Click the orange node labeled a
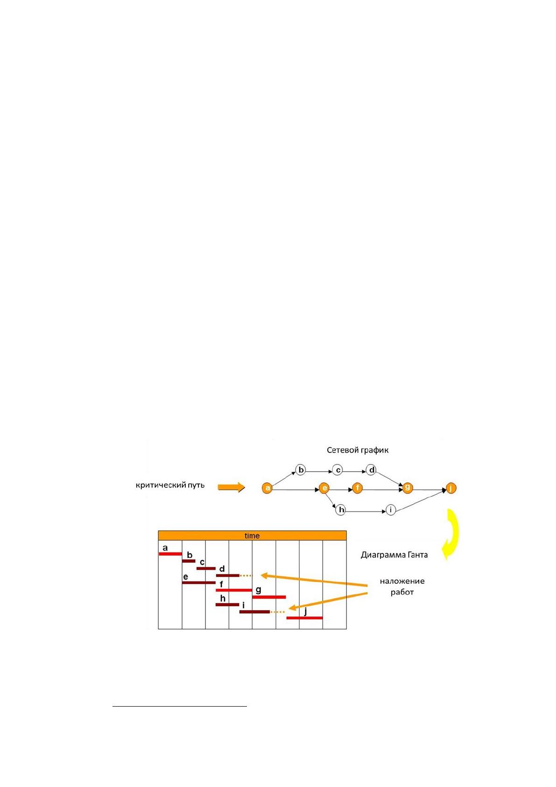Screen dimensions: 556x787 pos(267,488)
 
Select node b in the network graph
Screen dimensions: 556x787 pos(301,470)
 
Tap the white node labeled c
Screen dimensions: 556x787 pos(338,470)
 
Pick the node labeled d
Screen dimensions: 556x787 pos(372,470)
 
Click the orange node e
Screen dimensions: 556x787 pos(324,488)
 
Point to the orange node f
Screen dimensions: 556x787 pos(357,488)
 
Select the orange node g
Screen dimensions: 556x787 pos(408,487)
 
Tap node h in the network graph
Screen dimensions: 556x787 pos(341,510)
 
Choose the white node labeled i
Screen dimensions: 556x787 pos(391,510)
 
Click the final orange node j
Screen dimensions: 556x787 pos(451,488)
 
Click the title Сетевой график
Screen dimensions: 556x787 pos(357,451)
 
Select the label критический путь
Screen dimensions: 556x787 pos(170,485)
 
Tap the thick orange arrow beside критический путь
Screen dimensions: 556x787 pos(231,487)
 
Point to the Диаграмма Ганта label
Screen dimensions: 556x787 pos(394,555)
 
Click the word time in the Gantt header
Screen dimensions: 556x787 pos(252,536)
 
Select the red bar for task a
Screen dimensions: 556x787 pos(170,554)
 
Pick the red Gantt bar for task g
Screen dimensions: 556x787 pos(269,597)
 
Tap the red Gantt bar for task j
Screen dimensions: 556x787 pos(304,618)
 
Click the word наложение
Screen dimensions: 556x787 pos(402,581)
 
